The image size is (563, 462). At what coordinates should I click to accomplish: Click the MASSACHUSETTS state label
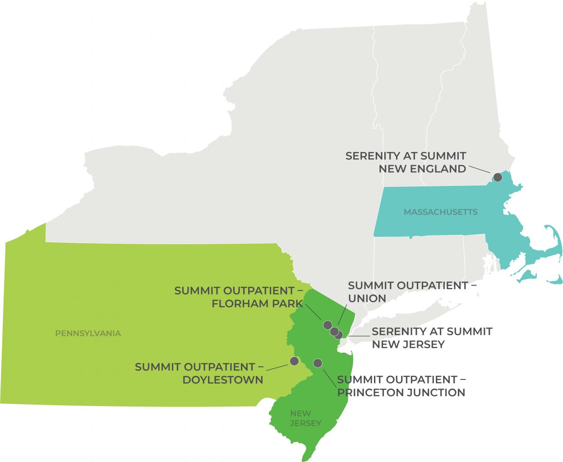(x=440, y=212)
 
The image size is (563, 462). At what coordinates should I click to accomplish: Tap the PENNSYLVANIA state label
(x=88, y=333)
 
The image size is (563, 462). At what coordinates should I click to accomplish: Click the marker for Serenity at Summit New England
(x=498, y=177)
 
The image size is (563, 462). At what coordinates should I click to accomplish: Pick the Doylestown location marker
(x=294, y=361)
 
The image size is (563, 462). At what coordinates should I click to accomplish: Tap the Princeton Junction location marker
(x=318, y=363)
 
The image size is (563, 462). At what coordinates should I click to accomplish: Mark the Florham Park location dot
(x=328, y=325)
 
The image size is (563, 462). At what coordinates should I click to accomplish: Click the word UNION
(x=367, y=299)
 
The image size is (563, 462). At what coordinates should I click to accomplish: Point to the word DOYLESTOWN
(x=222, y=380)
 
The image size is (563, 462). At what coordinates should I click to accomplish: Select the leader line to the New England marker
(x=480, y=170)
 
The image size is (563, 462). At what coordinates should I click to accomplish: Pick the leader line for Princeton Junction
(x=330, y=378)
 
